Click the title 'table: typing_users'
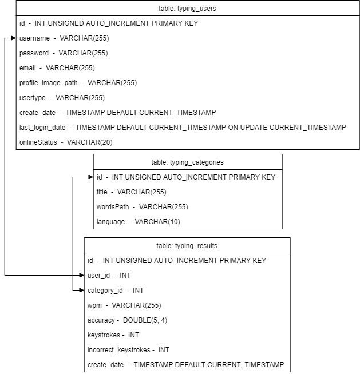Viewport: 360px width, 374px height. click(187, 9)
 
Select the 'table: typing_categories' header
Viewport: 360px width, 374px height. click(187, 162)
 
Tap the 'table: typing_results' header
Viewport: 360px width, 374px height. click(187, 246)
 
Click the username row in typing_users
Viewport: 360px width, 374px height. click(64, 38)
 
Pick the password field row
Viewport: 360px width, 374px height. click(64, 53)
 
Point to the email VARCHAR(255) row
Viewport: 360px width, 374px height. click(57, 68)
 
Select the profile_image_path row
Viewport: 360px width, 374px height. click(78, 83)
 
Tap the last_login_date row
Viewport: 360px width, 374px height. click(183, 128)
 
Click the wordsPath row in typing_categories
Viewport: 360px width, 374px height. click(142, 206)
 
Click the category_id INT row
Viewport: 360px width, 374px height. click(116, 291)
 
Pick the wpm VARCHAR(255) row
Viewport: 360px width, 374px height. click(124, 305)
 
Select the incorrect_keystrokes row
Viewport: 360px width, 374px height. click(128, 350)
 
